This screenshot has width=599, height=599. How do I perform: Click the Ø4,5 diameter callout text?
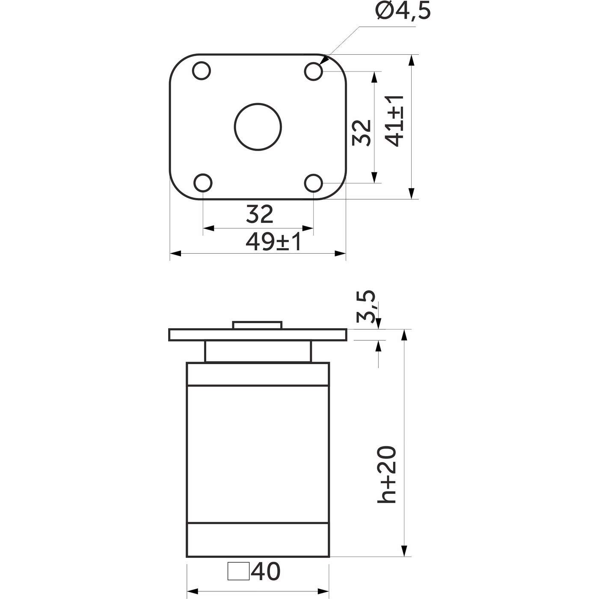click(403, 12)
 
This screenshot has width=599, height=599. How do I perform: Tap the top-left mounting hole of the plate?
click(202, 71)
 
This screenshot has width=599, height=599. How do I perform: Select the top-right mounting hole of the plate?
click(313, 71)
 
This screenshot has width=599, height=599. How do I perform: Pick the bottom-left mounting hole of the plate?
click(202, 183)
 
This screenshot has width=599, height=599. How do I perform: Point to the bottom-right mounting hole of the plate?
click(314, 183)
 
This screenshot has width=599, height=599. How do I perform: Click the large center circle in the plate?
click(258, 127)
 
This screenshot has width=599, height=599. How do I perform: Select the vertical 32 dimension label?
click(362, 133)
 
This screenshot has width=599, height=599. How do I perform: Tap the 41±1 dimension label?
click(394, 121)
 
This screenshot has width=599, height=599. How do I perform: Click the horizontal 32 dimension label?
click(259, 214)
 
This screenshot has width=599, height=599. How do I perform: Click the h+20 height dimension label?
click(387, 475)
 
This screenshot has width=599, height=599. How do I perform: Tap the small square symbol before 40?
click(238, 572)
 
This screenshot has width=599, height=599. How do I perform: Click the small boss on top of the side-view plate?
click(257, 325)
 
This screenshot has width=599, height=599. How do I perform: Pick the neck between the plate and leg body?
click(258, 352)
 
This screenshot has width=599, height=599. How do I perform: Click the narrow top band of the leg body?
click(258, 374)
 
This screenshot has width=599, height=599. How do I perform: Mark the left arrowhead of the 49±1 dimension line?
click(176, 254)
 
